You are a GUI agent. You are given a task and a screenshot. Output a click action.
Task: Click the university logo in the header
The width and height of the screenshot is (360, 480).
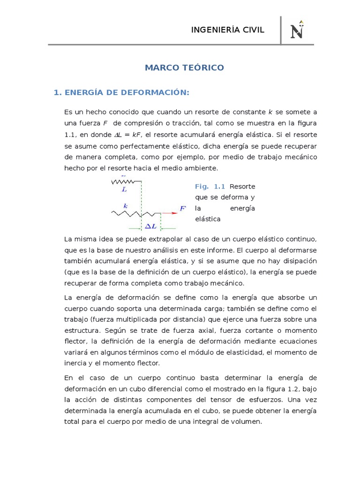297,30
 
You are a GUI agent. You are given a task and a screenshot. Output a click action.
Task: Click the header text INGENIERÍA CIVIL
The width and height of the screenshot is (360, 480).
228,30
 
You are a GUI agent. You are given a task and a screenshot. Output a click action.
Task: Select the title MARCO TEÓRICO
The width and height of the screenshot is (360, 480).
184,68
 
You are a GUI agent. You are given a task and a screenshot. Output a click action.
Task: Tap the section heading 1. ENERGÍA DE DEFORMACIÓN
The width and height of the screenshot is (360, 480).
121,93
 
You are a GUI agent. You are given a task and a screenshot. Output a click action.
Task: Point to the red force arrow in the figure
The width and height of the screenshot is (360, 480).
170,213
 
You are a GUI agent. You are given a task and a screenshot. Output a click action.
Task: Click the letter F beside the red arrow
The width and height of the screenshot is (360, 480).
183,208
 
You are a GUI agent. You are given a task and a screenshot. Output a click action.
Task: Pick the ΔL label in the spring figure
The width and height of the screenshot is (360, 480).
150,226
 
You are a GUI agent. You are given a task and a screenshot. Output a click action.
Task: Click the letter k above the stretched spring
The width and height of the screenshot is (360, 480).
125,205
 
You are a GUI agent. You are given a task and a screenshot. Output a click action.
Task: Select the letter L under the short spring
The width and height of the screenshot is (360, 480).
124,190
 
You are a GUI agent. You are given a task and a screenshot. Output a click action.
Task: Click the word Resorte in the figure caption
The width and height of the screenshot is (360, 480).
242,187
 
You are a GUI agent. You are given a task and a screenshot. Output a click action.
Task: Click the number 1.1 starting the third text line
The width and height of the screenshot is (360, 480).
69,134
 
